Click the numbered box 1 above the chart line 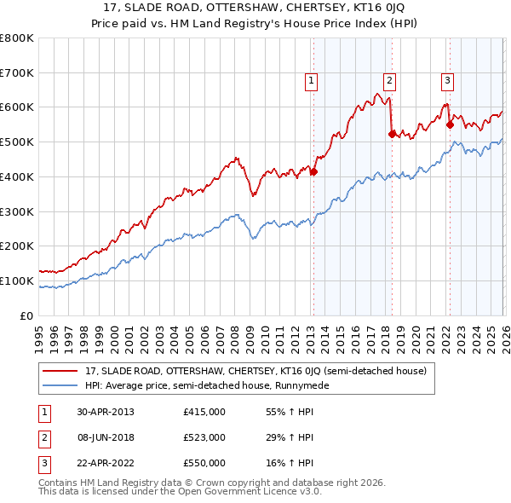[311, 81]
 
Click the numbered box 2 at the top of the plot [389, 81]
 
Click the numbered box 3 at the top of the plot [447, 81]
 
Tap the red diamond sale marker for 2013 [313, 172]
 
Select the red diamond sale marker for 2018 [391, 134]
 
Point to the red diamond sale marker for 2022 [450, 124]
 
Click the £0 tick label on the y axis [26, 315]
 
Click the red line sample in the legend [61, 371]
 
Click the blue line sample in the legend [61, 385]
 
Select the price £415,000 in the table [204, 412]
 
